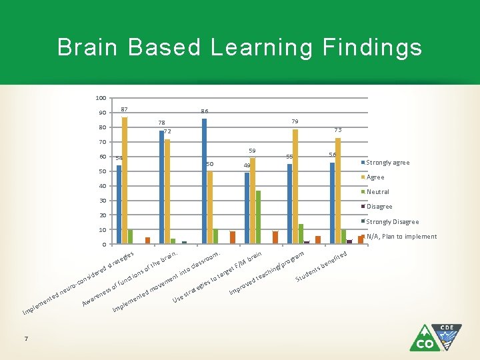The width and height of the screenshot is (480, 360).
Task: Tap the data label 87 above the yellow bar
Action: (x=125, y=109)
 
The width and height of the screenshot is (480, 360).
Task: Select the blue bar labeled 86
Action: (x=204, y=181)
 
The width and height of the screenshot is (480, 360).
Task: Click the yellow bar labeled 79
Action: (x=295, y=186)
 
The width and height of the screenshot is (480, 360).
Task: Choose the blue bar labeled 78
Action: (x=161, y=187)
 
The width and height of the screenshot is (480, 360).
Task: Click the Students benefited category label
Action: (x=321, y=266)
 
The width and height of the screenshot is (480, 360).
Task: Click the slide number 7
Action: (x=25, y=339)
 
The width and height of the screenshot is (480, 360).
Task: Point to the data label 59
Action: (x=252, y=151)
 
